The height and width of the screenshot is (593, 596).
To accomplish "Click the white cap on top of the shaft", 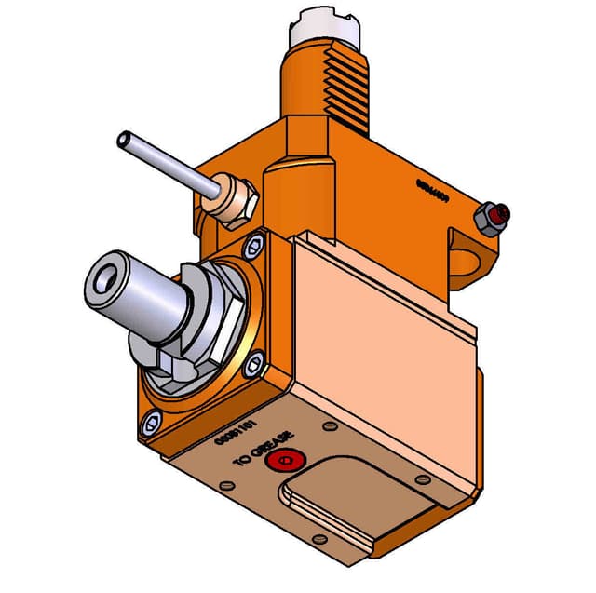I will coord(326,27).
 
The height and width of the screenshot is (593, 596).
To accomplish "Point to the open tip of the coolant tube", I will coord(122,140).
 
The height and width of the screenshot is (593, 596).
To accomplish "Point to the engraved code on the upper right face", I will coord(433,190).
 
